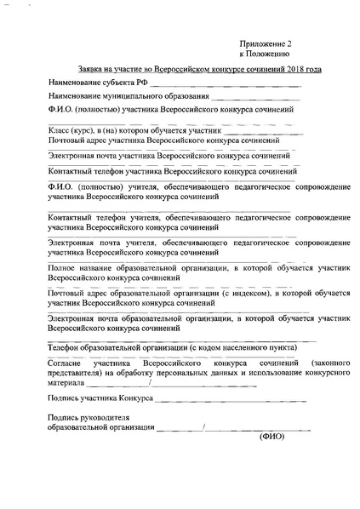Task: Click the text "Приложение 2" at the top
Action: click(267, 41)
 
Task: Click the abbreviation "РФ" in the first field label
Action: click(142, 83)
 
